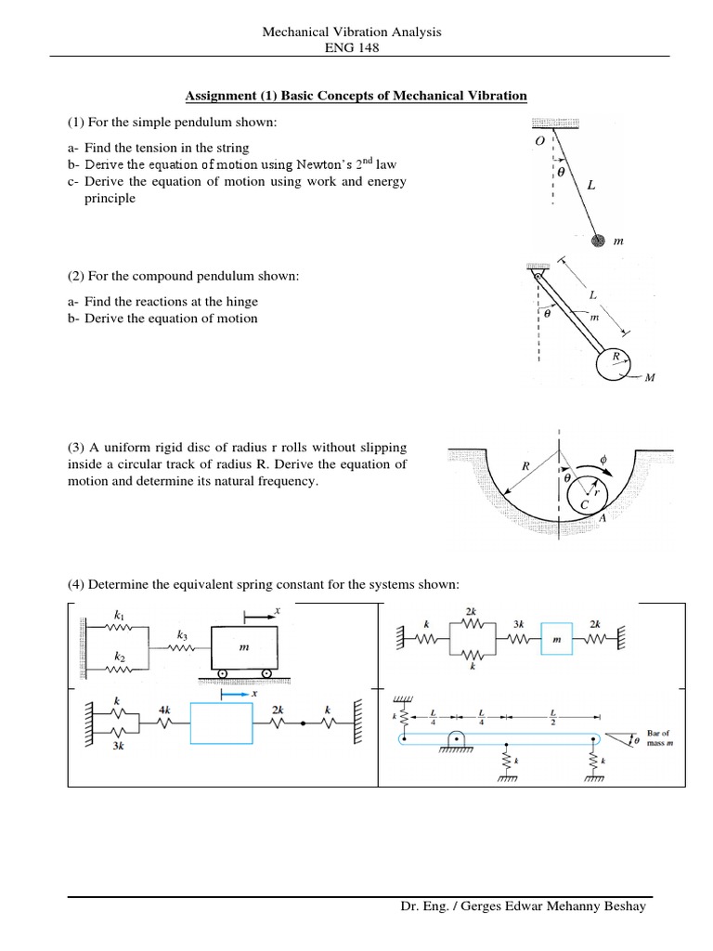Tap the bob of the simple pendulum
point(599,240)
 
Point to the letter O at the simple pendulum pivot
point(540,140)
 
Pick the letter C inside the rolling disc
point(584,504)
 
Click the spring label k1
point(118,616)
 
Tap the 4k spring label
point(165,710)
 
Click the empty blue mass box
point(221,723)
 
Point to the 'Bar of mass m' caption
point(659,738)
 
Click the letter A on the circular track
point(603,518)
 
